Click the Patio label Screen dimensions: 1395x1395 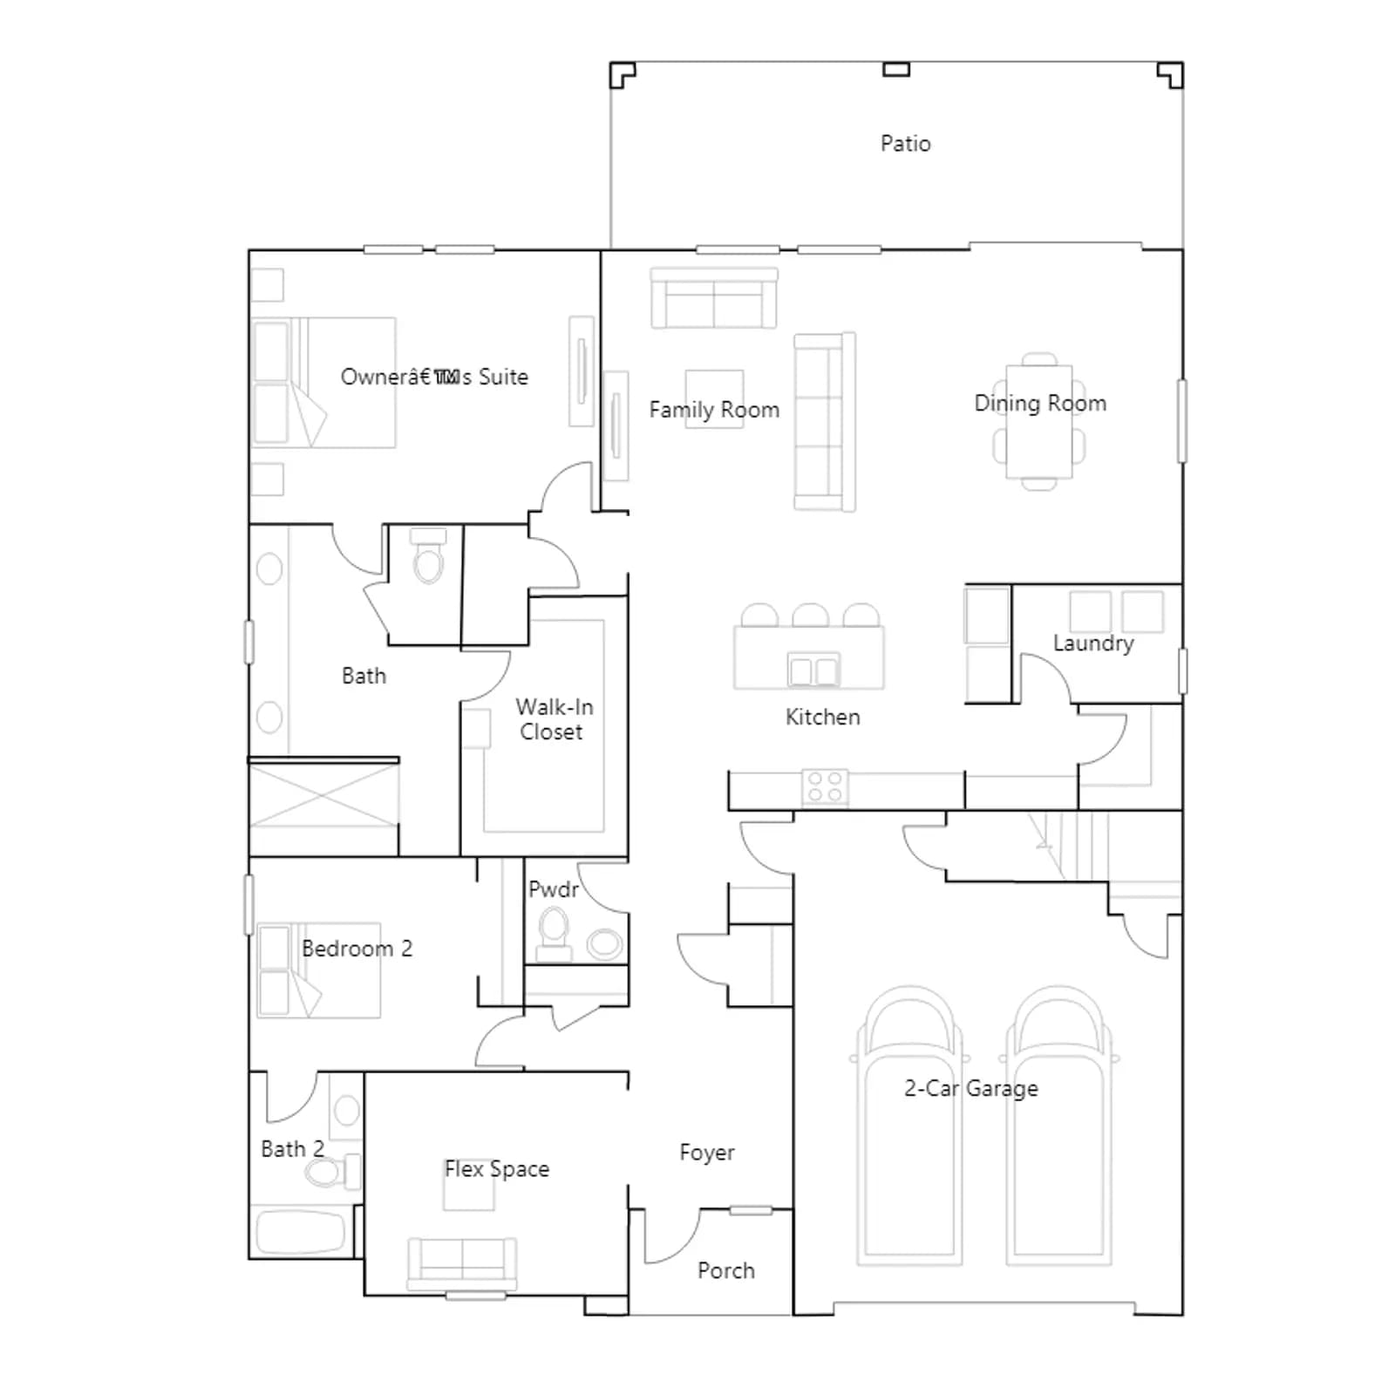[905, 144]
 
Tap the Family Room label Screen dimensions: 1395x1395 [714, 410]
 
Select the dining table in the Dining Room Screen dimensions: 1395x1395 [1038, 422]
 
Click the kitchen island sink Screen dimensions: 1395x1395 [813, 670]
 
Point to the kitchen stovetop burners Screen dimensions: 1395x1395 [825, 786]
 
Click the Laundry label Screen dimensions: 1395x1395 [1093, 643]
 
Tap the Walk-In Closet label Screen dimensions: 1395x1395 [554, 719]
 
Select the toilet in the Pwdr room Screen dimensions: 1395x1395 [554, 930]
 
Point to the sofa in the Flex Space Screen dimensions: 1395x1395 [462, 1263]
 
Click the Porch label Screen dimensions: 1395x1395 [726, 1271]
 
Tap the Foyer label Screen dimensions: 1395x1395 [707, 1153]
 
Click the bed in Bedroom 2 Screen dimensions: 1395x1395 [319, 970]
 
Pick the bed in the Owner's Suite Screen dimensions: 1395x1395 [323, 383]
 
